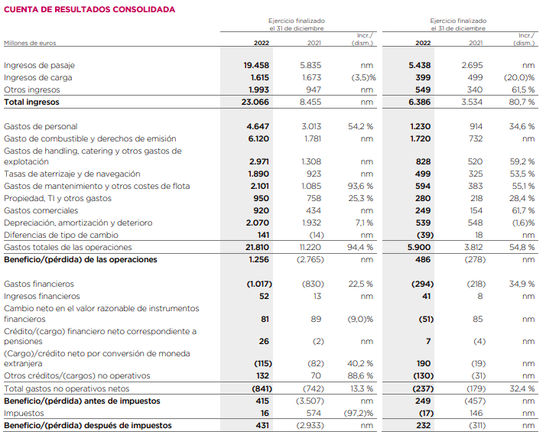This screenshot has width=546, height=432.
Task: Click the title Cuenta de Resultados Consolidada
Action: point(89,9)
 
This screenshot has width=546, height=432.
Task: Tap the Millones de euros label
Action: point(30,44)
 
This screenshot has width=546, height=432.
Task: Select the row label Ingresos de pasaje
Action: point(39,66)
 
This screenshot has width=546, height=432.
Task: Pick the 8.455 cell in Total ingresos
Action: point(310,102)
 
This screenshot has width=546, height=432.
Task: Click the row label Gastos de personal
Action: point(41,126)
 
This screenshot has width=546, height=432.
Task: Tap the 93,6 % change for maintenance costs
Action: point(360,186)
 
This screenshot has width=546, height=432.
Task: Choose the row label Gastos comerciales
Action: point(41,210)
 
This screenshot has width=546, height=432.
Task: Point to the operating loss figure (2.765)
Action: point(309,259)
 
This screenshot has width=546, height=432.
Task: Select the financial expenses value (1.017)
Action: point(254,284)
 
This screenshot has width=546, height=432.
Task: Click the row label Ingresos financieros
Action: point(42,296)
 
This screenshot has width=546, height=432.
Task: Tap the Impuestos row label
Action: point(24,413)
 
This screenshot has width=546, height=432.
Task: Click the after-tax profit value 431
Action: point(261,425)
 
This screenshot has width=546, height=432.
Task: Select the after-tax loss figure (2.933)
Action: point(309,425)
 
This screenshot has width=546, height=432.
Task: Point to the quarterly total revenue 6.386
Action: point(419,102)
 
